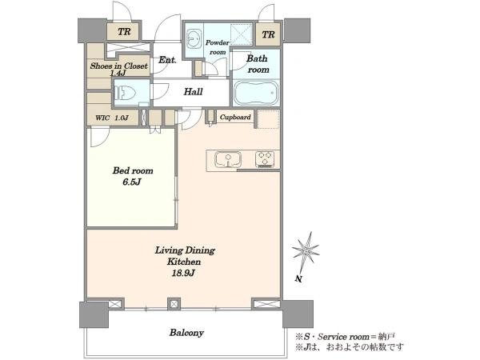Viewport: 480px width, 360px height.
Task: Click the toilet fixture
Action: click(x=125, y=93)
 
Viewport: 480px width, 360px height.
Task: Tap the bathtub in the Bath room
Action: click(x=256, y=93)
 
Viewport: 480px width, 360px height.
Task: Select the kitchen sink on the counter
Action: click(x=228, y=159)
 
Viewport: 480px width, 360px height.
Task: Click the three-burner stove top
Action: click(x=265, y=159)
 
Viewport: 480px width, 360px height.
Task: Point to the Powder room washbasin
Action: click(x=194, y=38)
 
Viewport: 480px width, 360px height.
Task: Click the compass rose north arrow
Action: click(x=306, y=251)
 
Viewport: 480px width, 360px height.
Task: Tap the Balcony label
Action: click(x=186, y=333)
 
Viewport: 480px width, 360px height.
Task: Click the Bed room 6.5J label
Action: click(x=133, y=176)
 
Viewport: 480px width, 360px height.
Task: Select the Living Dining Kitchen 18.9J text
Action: click(x=185, y=262)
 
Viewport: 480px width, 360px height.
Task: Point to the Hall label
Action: click(x=193, y=91)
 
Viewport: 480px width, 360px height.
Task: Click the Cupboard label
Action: click(x=235, y=117)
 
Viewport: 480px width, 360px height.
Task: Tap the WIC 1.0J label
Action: click(x=112, y=118)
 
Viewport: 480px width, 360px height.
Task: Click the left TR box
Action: click(x=124, y=32)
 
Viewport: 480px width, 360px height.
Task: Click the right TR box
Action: click(x=268, y=34)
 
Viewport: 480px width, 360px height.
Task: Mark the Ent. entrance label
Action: click(x=167, y=60)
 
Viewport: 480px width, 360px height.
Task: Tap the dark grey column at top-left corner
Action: click(x=92, y=30)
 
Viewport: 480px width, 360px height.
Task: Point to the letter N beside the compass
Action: click(x=298, y=278)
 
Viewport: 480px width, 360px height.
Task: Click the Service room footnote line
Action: click(x=345, y=337)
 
